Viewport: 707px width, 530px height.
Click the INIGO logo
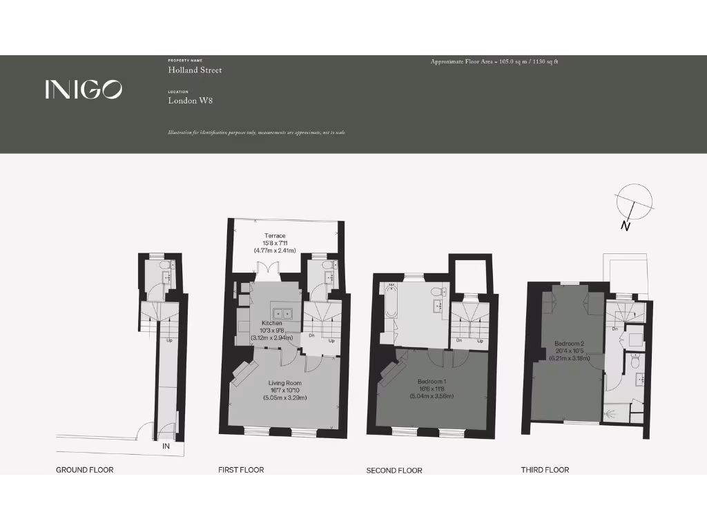84,89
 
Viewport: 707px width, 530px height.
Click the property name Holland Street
195,70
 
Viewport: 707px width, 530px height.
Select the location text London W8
190,101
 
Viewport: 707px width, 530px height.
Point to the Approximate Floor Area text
494,61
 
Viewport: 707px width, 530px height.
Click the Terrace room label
275,236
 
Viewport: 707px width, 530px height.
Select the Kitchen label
271,324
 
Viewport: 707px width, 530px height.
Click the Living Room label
284,383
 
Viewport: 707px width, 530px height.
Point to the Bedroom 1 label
432,382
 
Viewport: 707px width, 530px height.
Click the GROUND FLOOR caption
84,470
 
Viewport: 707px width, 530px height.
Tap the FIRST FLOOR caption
241,470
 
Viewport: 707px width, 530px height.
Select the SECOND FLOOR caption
394,471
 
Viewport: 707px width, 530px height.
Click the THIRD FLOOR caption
545,470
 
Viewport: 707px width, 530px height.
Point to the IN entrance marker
166,447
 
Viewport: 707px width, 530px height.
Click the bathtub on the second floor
391,302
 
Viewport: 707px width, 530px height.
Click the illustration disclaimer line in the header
255,132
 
